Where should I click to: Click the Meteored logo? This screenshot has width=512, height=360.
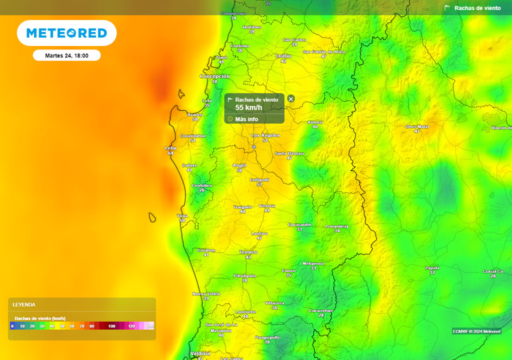[66, 33]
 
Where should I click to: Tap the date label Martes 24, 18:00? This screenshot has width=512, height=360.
[66, 55]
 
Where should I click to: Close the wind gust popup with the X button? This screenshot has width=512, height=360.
[291, 99]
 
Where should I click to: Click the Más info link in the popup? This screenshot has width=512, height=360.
[246, 119]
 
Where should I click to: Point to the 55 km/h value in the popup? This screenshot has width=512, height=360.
[248, 107]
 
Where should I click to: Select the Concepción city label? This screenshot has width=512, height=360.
[214, 76]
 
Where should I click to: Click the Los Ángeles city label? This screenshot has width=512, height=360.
[265, 135]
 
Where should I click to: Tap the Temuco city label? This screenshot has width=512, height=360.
[248, 252]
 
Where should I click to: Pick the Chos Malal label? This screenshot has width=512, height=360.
[417, 127]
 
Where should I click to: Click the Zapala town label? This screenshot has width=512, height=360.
[432, 268]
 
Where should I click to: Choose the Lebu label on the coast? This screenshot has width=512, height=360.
[170, 148]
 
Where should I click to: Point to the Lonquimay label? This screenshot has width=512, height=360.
[337, 226]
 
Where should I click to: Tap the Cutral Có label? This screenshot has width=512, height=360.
[493, 271]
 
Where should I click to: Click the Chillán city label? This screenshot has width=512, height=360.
[283, 56]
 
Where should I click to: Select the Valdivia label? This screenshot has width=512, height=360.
[200, 353]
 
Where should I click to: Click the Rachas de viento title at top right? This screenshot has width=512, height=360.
[477, 8]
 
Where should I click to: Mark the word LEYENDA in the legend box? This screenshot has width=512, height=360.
[24, 304]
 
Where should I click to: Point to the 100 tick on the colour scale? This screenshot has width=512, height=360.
[111, 326]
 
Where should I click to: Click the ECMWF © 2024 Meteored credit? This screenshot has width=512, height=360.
[476, 331]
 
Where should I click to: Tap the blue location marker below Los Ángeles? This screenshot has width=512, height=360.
[254, 147]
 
